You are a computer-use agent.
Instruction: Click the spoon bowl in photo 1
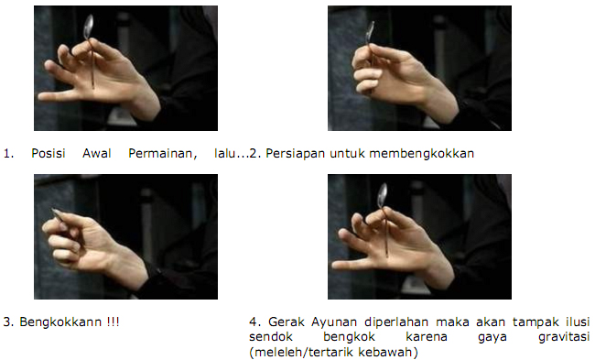point(89,27)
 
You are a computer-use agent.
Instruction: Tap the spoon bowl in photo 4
point(383,195)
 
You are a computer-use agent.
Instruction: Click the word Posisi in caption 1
point(49,153)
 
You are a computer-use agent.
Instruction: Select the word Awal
point(97,153)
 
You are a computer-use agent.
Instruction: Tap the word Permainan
point(162,153)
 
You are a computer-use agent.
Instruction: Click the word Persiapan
point(296,153)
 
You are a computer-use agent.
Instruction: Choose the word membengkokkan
point(422,153)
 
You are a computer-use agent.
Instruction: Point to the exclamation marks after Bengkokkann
point(113,322)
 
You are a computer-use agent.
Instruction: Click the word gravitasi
point(564,337)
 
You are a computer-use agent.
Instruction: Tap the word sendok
point(271,337)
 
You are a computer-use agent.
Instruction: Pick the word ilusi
point(578,322)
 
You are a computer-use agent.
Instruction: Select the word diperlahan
point(396,322)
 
